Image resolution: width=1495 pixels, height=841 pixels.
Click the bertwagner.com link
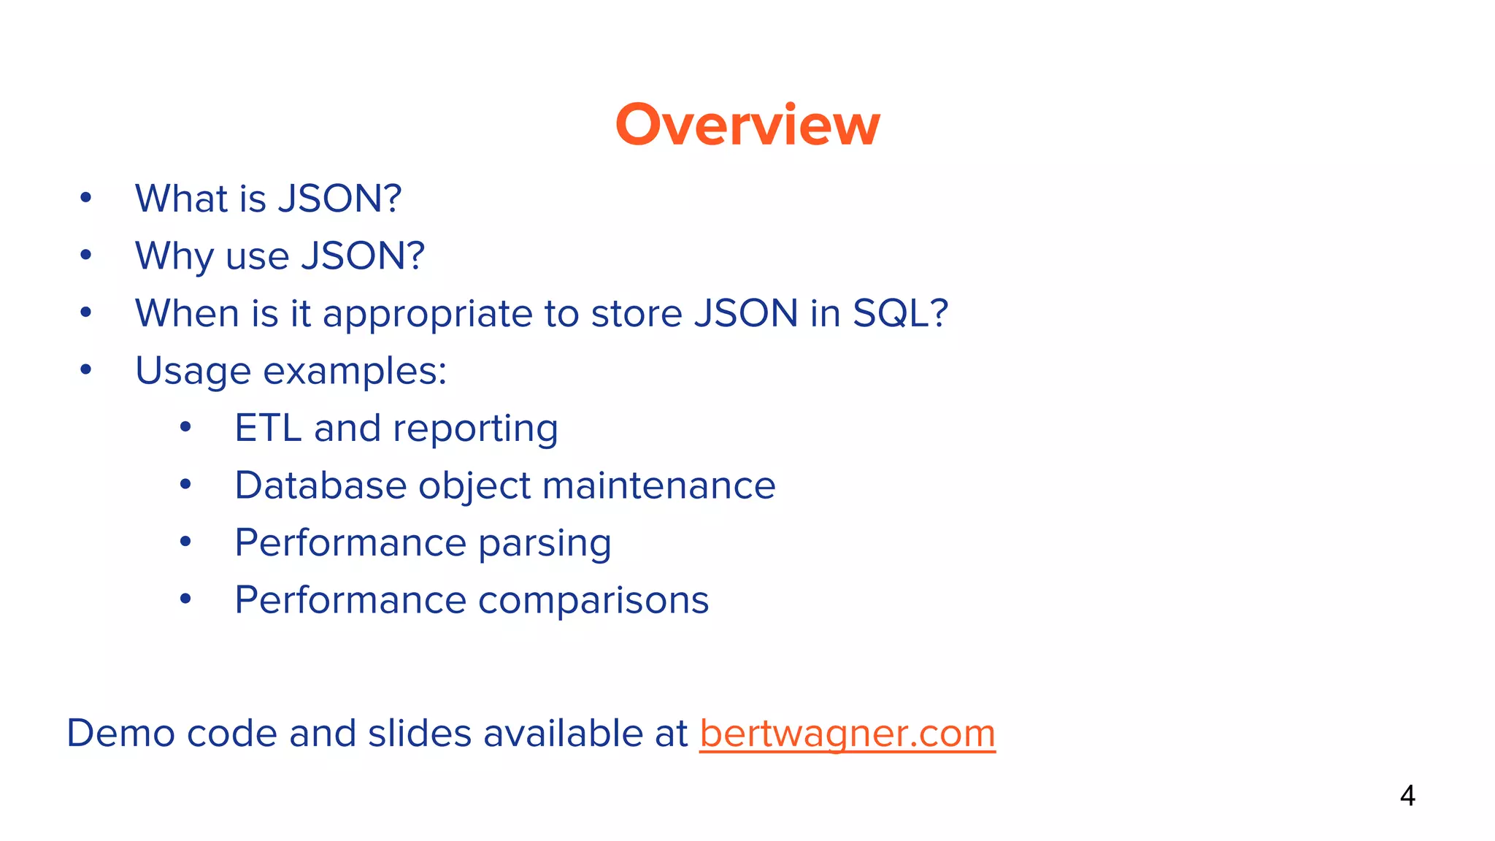[x=847, y=734]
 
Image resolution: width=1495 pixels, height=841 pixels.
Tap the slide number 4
[x=1407, y=796]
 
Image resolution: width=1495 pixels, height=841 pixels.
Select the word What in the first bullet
[x=181, y=199]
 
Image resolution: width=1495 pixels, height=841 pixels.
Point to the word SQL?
[x=900, y=313]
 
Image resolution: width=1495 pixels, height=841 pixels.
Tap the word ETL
[x=267, y=428]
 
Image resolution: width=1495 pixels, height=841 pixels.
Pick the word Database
[x=320, y=485]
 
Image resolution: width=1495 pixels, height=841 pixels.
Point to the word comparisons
[x=593, y=601]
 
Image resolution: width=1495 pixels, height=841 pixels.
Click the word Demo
[x=120, y=733]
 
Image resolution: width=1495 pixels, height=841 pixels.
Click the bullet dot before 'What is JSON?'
[x=86, y=198]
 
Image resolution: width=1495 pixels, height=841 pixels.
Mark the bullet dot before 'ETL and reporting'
[x=185, y=427]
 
